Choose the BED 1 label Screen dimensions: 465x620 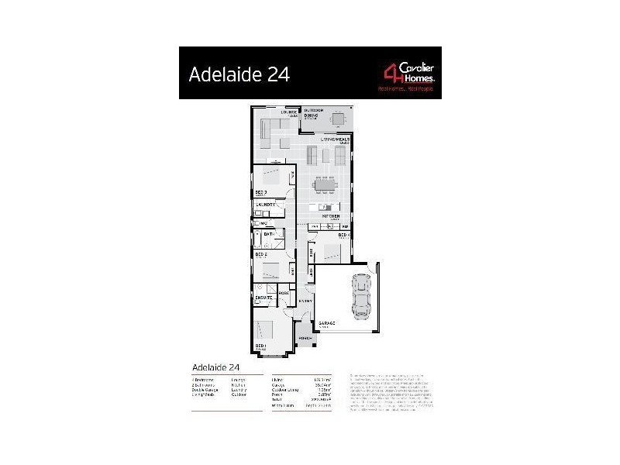[260, 346]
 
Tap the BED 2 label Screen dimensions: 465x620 [261, 253]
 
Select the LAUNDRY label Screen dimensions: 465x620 [267, 204]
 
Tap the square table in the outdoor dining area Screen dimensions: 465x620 [338, 119]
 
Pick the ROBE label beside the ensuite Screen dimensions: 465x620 [284, 294]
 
